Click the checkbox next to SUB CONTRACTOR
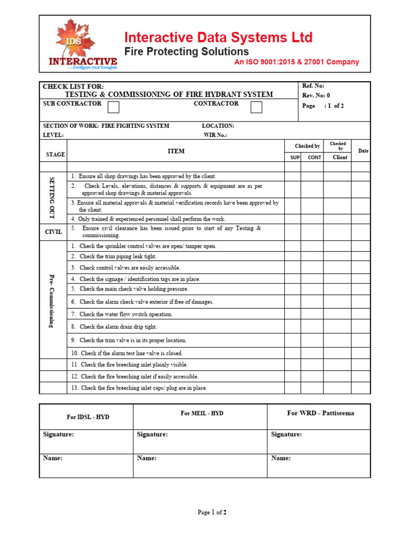[113, 107]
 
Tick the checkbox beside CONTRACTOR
[256, 107]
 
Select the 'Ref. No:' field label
[314, 86]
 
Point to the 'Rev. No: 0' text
[316, 95]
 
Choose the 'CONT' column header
[315, 157]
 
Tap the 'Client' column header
[340, 157]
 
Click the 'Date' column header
[363, 151]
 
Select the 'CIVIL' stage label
[53, 231]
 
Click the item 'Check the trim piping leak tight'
[118, 256]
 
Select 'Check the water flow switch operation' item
[126, 315]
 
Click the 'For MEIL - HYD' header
[202, 414]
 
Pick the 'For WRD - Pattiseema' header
[320, 414]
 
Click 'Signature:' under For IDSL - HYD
[58, 434]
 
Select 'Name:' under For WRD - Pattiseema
[281, 458]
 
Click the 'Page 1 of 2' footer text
[212, 512]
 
